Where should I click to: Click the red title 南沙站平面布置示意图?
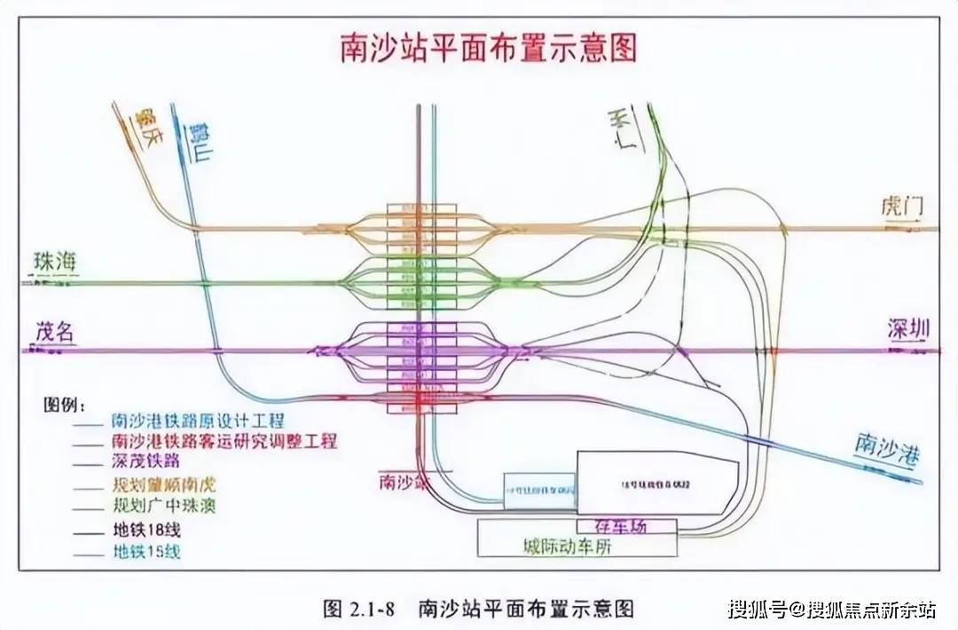(489, 48)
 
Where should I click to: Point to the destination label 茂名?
(55, 332)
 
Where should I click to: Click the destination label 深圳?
(909, 329)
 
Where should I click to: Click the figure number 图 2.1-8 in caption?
(362, 609)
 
